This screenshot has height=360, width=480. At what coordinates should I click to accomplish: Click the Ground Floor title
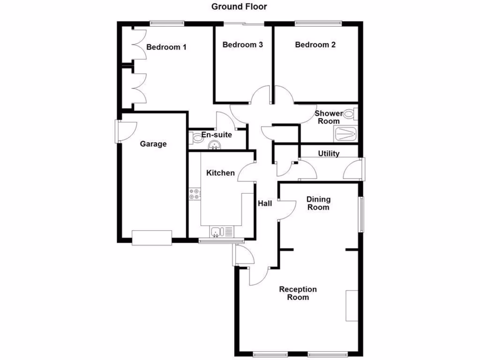(239, 7)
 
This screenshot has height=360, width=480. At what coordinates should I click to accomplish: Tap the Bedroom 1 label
(166, 47)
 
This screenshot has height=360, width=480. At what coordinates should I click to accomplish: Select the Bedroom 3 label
(242, 45)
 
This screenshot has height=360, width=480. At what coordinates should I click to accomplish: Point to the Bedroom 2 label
(315, 45)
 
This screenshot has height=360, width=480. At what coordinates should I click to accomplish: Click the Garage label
(153, 144)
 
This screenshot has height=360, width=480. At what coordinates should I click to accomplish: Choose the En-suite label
(217, 135)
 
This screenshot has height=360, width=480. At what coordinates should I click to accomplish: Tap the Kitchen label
(220, 173)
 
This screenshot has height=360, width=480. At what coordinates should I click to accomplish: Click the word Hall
(265, 203)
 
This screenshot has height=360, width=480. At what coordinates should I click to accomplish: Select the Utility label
(329, 153)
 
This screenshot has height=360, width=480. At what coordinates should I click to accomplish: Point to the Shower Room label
(329, 117)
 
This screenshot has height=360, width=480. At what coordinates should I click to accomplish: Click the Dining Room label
(318, 203)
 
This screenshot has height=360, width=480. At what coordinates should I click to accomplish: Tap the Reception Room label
(298, 293)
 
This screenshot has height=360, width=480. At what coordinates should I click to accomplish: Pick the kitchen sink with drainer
(222, 231)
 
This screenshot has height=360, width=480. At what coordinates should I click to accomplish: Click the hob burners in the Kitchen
(195, 194)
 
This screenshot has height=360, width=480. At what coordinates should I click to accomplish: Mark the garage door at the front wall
(151, 238)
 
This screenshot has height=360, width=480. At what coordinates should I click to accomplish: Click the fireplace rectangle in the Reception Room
(352, 306)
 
